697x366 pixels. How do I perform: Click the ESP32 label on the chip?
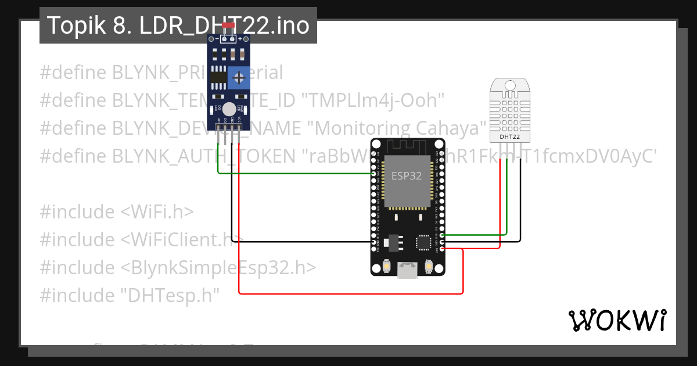(407, 176)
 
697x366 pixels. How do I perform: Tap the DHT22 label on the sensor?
(510, 137)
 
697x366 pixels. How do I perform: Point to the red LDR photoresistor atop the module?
(228, 26)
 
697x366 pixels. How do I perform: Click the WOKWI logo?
(617, 320)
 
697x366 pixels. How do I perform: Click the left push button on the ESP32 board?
(386, 266)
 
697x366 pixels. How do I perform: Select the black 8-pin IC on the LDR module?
(218, 77)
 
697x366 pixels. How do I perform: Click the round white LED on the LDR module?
(229, 109)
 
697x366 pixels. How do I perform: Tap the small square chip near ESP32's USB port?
(422, 242)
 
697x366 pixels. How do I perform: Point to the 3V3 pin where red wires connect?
(443, 249)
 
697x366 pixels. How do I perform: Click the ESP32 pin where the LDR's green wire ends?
(373, 173)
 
